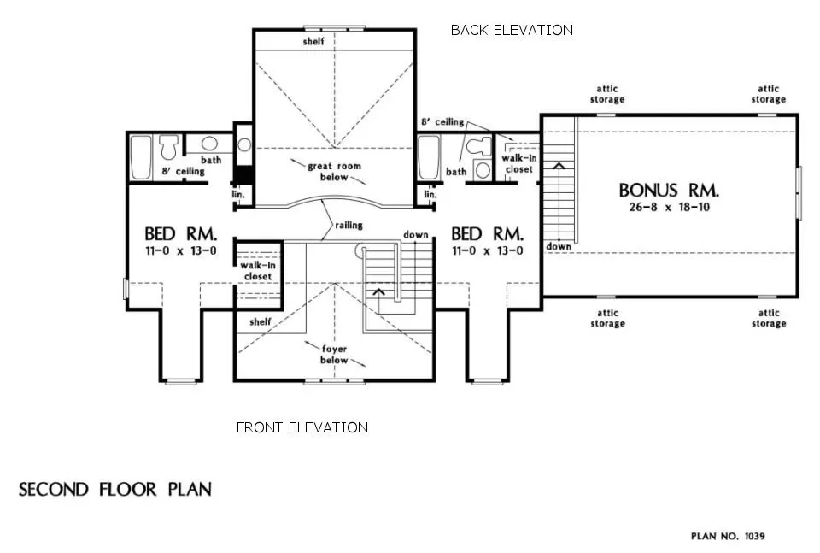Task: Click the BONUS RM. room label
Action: point(669,190)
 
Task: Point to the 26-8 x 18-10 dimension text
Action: point(669,208)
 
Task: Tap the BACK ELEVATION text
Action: point(512,30)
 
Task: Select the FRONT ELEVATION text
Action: point(302,427)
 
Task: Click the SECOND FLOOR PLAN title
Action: point(115,490)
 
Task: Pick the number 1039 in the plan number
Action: point(754,537)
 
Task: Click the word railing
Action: point(348,226)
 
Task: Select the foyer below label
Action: point(334,354)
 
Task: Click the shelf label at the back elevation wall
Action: point(313,42)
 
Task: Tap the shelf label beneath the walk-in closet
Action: point(261,322)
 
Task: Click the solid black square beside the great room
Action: point(243,174)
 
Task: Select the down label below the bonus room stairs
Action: point(559,246)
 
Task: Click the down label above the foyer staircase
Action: point(416,234)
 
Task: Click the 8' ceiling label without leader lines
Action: point(184,172)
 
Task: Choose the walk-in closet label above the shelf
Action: point(256,271)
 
